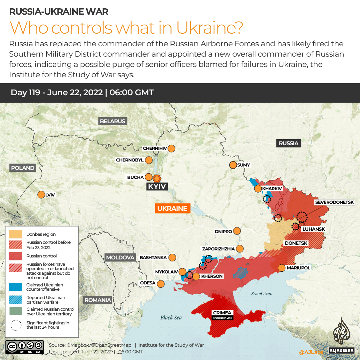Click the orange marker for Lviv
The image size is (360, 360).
pos(41,195)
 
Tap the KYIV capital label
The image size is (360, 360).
pos(157,186)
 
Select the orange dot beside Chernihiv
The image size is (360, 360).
pos(172,149)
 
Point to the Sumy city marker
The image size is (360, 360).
pos(233,165)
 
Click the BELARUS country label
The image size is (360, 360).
pos(113,121)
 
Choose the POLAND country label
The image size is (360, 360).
pos(23,168)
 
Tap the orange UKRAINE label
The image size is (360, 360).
pos(172,208)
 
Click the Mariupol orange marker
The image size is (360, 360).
pos(282,268)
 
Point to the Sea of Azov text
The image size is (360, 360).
pos(261,293)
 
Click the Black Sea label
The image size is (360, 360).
pos(171,317)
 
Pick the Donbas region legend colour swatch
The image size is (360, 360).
pos(16,234)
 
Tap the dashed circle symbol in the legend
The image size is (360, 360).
pos(16,325)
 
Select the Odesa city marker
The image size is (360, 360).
pos(161,284)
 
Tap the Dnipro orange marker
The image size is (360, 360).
pos(237,231)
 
